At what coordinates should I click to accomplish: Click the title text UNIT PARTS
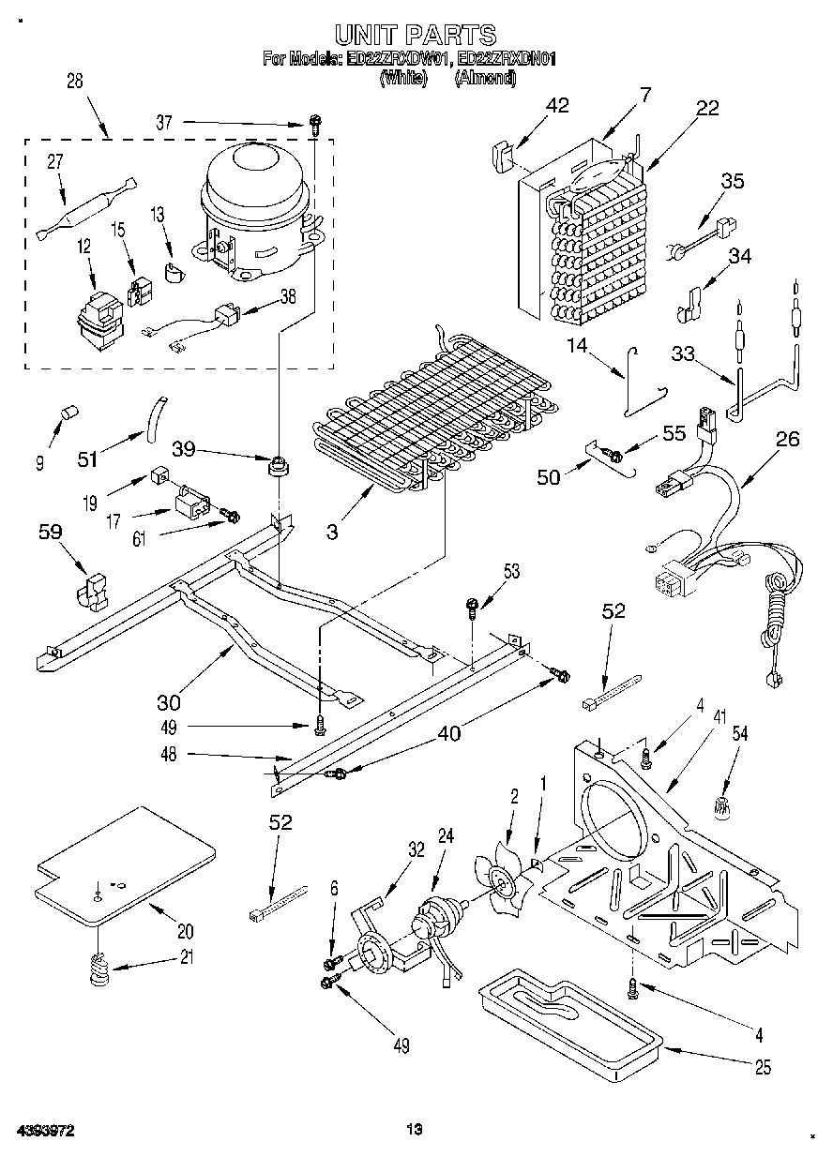415,36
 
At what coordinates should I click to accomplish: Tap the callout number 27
54,161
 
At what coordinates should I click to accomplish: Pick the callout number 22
706,108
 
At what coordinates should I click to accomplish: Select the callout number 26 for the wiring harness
788,439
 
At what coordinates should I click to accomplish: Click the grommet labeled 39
278,464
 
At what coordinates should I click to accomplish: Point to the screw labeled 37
316,122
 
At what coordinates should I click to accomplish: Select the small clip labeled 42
499,154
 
